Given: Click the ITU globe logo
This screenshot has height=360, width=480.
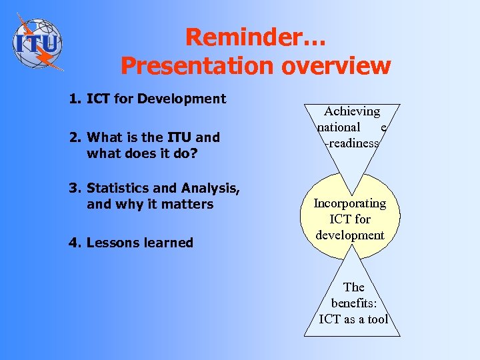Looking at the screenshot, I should click(x=37, y=43).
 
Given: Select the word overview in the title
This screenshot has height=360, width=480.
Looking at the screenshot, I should click(x=330, y=65).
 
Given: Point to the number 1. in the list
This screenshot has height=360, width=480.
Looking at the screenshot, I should click(x=75, y=99).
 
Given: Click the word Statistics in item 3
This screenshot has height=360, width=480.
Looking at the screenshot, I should click(x=119, y=189).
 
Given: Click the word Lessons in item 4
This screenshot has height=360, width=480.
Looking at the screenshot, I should click(x=112, y=243).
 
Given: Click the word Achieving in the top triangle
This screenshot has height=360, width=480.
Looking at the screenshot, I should click(x=352, y=112).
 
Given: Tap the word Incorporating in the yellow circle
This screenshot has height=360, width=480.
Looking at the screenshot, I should click(x=350, y=203).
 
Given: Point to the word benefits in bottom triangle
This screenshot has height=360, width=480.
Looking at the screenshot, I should click(x=353, y=303).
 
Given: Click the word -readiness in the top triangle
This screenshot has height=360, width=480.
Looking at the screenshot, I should click(x=352, y=143).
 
